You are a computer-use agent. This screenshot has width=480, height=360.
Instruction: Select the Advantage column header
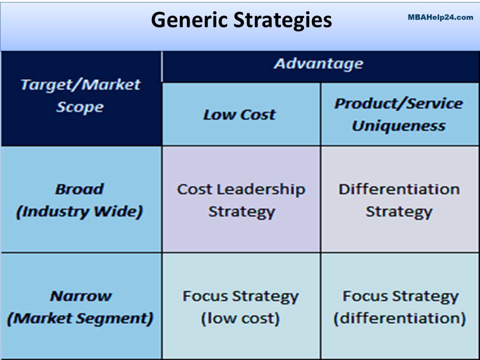point(318,64)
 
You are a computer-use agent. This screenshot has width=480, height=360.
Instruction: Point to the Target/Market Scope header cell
point(80,95)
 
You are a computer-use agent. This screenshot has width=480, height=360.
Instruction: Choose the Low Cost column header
point(239,114)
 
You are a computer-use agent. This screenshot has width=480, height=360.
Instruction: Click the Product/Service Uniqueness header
point(398,114)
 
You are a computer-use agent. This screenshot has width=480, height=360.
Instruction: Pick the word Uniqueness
point(398,125)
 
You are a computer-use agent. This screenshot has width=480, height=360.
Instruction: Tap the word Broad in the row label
point(79,189)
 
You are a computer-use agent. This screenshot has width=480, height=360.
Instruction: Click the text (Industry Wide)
point(79,211)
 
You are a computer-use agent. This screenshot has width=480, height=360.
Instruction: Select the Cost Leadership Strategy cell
point(241,200)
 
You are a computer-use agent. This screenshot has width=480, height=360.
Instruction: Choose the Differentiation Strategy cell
point(398,200)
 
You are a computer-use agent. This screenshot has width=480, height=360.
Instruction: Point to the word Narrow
point(80,296)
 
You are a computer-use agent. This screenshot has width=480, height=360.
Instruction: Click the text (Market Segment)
point(80,318)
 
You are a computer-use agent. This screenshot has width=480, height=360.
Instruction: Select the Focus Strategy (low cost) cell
point(240,307)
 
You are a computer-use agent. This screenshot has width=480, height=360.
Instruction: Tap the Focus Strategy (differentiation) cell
point(399,307)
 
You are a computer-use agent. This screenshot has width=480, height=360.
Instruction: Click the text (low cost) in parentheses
point(240,318)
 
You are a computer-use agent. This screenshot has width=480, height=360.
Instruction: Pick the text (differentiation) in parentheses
point(399,318)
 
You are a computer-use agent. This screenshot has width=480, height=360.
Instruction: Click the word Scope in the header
point(80,107)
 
